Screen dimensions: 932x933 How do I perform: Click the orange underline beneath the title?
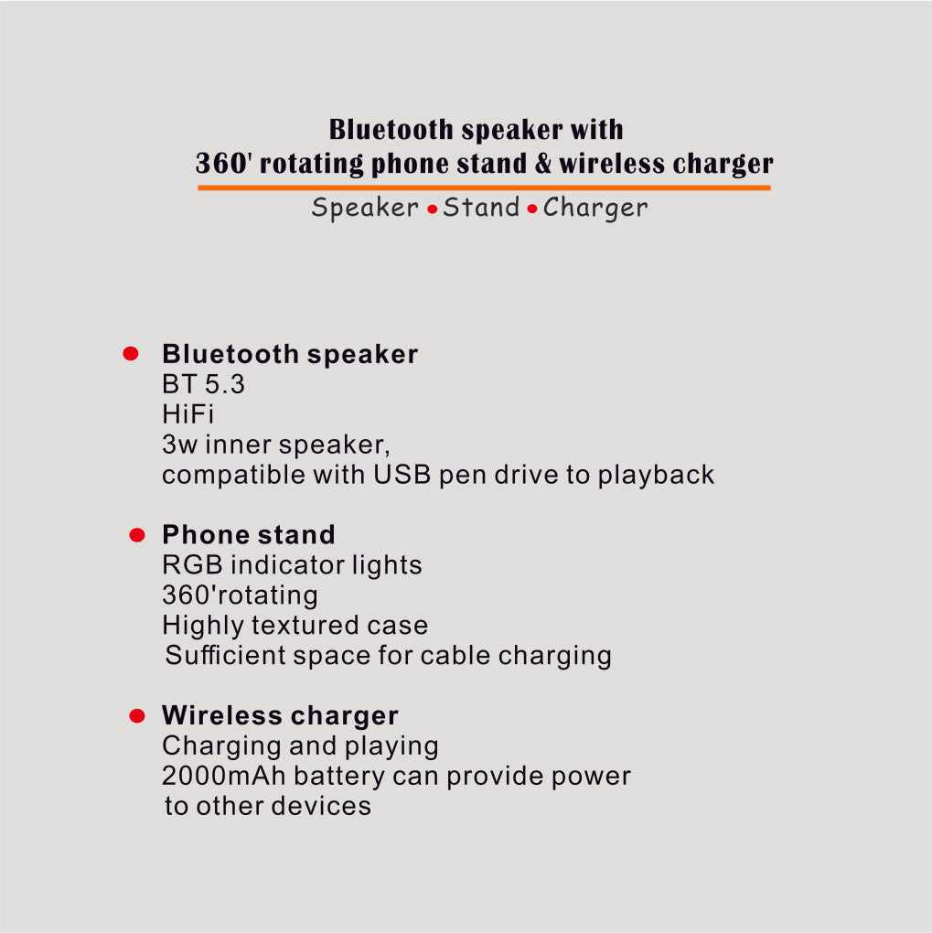pyautogui.click(x=484, y=188)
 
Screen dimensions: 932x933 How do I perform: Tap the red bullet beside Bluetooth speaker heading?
pyautogui.click(x=131, y=353)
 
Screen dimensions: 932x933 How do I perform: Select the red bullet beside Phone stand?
pyautogui.click(x=137, y=535)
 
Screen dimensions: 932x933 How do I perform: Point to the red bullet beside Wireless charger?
pyautogui.click(x=137, y=716)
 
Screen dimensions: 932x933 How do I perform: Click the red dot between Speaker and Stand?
pyautogui.click(x=433, y=209)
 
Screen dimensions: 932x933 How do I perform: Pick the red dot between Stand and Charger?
pyautogui.click(x=532, y=209)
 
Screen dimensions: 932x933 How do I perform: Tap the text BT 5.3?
pyautogui.click(x=204, y=384)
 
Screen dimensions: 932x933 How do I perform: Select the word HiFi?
pyautogui.click(x=188, y=414)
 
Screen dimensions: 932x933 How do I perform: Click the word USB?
pyautogui.click(x=402, y=475)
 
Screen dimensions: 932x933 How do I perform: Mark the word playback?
pyautogui.click(x=656, y=476)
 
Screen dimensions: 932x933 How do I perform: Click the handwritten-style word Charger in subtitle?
pyautogui.click(x=595, y=209)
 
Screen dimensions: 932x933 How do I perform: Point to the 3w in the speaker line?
pyautogui.click(x=180, y=445)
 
